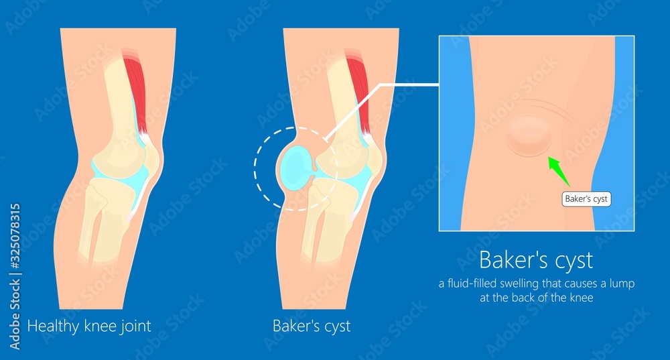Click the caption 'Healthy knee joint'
tap(89, 326)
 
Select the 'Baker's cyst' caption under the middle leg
tap(312, 326)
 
